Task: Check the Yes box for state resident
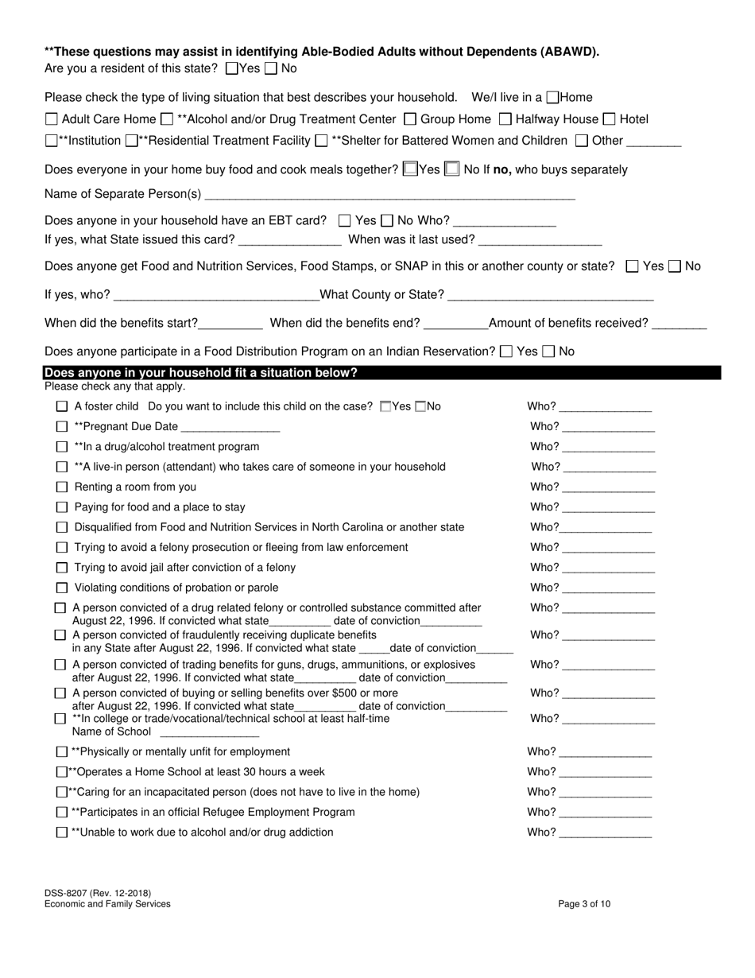click(x=232, y=69)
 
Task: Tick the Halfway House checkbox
click(x=505, y=120)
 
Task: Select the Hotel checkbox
click(x=609, y=120)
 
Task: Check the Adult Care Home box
click(x=52, y=120)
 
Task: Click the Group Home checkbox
click(x=410, y=120)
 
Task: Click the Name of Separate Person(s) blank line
click(x=389, y=195)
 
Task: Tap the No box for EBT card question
click(x=387, y=221)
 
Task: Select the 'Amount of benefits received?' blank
click(x=679, y=324)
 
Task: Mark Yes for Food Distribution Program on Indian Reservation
click(x=506, y=351)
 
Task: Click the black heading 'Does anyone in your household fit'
click(x=201, y=373)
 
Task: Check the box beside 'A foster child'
click(x=62, y=407)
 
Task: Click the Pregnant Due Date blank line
click(x=230, y=428)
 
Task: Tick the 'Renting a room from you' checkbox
click(x=62, y=487)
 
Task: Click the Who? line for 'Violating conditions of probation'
click(x=608, y=589)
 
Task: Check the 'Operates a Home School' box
click(x=62, y=772)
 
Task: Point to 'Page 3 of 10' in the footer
click(x=584, y=904)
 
